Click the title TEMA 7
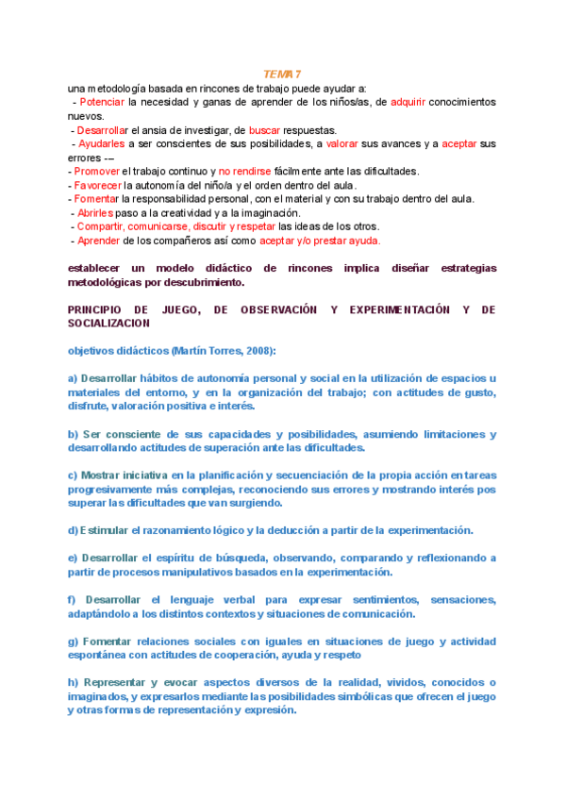[282, 75]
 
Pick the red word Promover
[96, 171]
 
